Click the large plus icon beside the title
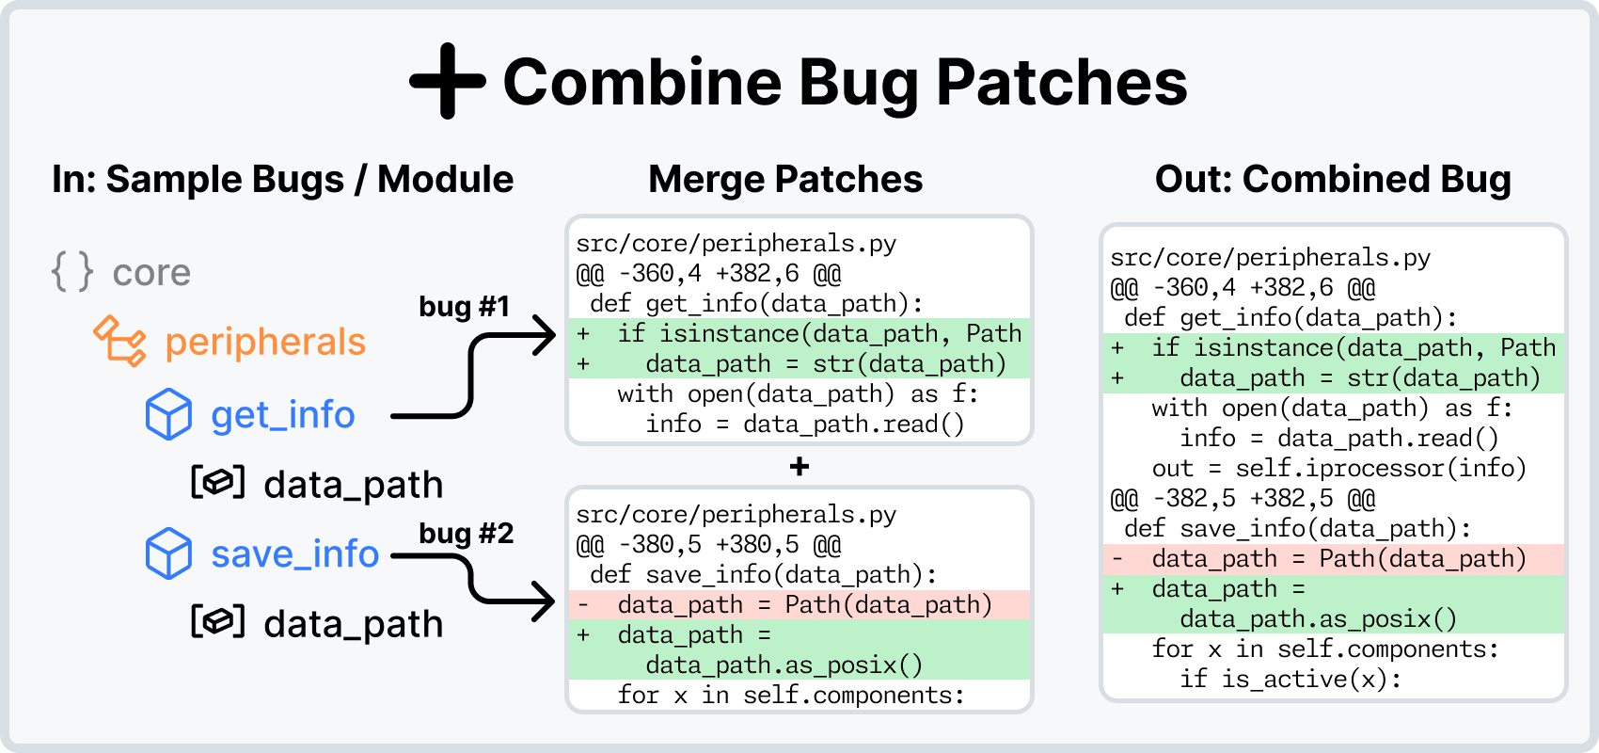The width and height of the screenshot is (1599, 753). point(448,81)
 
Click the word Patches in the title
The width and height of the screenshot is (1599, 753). point(1062,82)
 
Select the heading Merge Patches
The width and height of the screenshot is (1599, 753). point(785,180)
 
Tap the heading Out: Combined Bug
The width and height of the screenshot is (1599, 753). point(1333,180)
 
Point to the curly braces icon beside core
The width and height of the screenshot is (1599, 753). point(72,271)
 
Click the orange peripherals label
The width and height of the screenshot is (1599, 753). point(265,342)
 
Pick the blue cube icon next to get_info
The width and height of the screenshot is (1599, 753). point(168,413)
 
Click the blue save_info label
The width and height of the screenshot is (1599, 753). point(294,553)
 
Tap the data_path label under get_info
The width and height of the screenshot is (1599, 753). point(354,485)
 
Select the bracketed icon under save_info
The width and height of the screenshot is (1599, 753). point(217,621)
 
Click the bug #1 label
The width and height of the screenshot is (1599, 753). point(464,307)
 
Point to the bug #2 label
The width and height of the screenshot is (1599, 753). point(467,534)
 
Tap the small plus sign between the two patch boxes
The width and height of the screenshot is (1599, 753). point(799,467)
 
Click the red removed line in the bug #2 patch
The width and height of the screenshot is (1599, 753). point(799,605)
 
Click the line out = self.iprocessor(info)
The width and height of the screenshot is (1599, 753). point(1338,469)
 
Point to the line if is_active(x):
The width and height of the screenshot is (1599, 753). point(1290,679)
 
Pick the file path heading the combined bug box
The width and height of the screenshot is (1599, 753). point(1271,258)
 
